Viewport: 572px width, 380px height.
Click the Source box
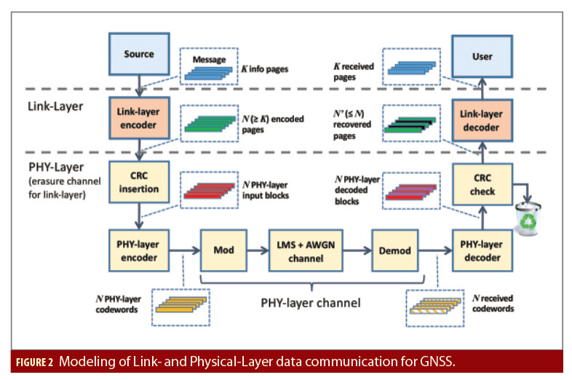click(138, 55)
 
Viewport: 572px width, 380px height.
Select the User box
click(482, 55)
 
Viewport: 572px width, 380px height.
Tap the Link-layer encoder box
click(138, 121)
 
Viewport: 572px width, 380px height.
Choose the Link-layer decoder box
click(482, 121)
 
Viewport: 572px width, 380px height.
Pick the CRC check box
click(482, 185)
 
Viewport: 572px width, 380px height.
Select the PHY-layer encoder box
click(138, 250)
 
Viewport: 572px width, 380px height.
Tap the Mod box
click(223, 250)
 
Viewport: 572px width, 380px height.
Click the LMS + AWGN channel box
click(305, 250)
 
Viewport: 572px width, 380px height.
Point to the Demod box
click(395, 250)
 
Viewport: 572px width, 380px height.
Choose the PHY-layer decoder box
click(482, 250)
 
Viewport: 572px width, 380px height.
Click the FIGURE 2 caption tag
click(35, 362)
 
